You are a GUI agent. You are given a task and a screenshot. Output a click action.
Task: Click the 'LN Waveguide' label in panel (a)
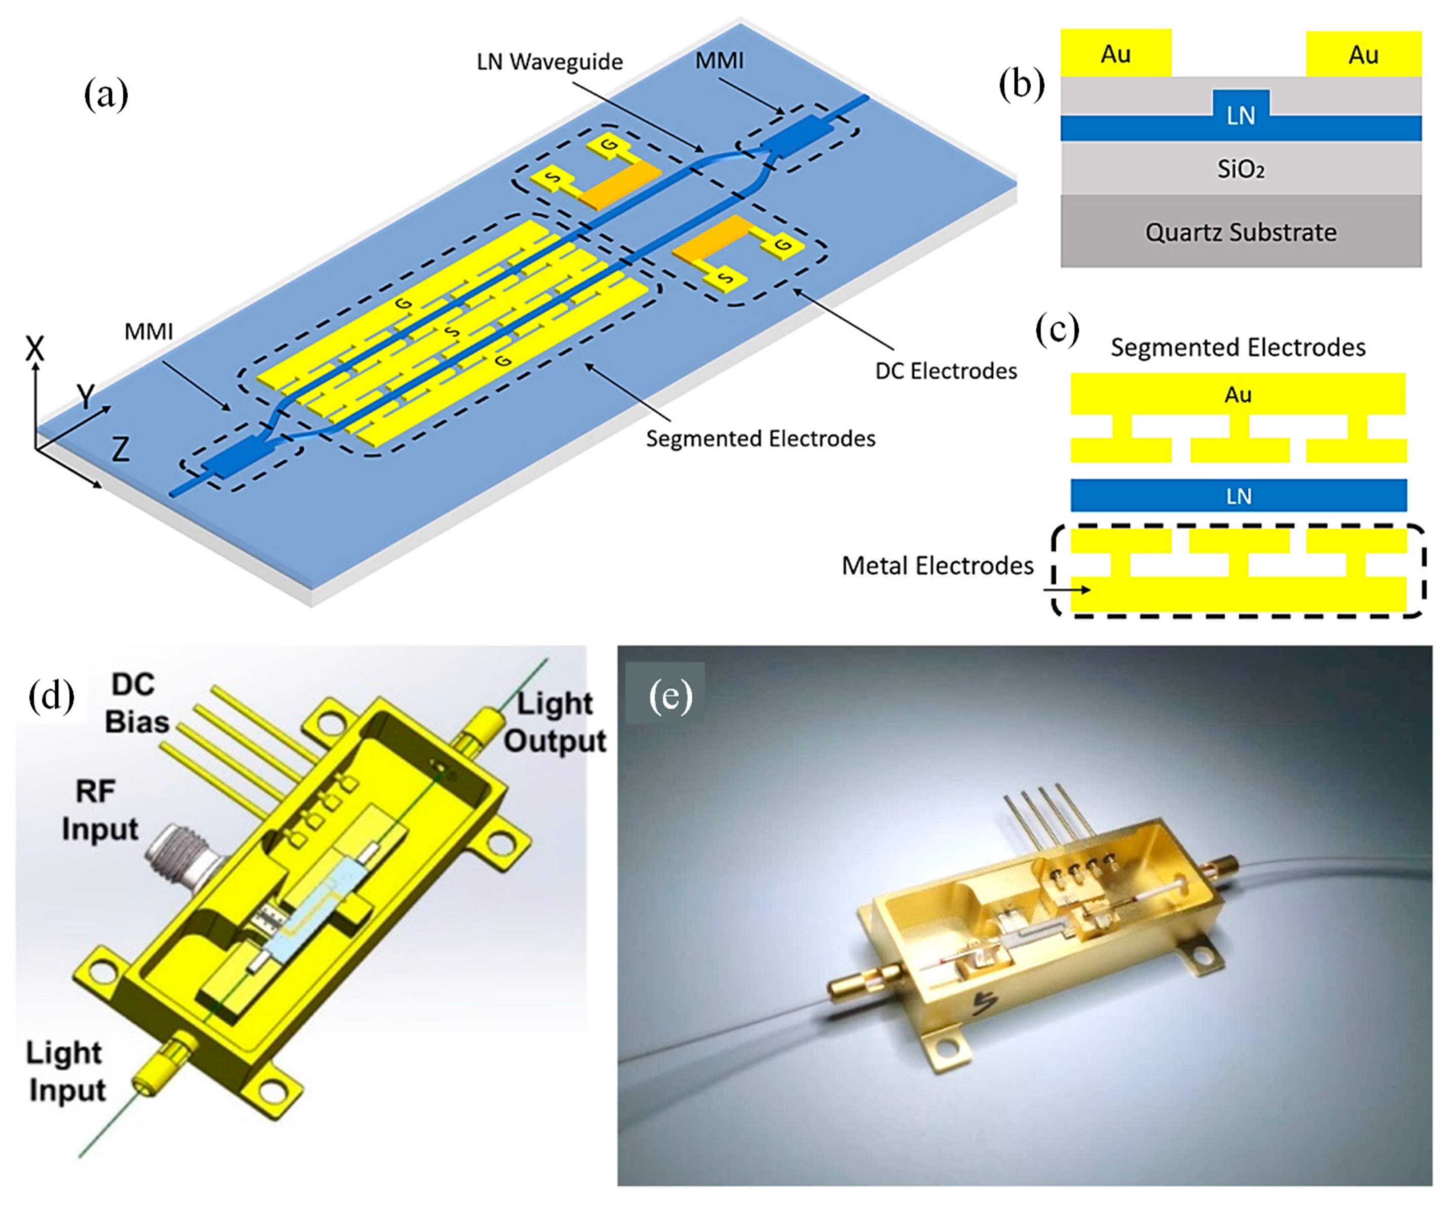[x=550, y=62]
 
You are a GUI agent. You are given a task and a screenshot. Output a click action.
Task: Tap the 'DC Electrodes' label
[x=946, y=371]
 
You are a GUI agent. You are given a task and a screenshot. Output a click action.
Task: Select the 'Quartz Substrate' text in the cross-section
[x=1241, y=233]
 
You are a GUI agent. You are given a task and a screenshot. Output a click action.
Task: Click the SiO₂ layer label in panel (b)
[x=1241, y=169]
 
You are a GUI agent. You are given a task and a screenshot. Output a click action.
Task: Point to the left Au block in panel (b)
[x=1115, y=53]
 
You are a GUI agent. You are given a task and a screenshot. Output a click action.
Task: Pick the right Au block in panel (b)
[x=1363, y=54]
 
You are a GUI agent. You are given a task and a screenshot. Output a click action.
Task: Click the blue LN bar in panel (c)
[x=1239, y=495]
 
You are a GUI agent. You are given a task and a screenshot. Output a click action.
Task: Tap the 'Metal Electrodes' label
[x=937, y=566]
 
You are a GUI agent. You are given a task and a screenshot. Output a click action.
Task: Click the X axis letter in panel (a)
[x=34, y=349]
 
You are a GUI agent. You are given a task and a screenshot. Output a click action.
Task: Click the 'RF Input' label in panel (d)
[x=100, y=810]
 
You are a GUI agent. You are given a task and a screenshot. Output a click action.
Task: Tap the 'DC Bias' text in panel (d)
[x=137, y=703]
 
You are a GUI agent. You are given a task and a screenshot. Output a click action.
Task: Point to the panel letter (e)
[x=670, y=696]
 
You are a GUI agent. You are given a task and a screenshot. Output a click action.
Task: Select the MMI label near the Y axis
[x=148, y=332]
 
